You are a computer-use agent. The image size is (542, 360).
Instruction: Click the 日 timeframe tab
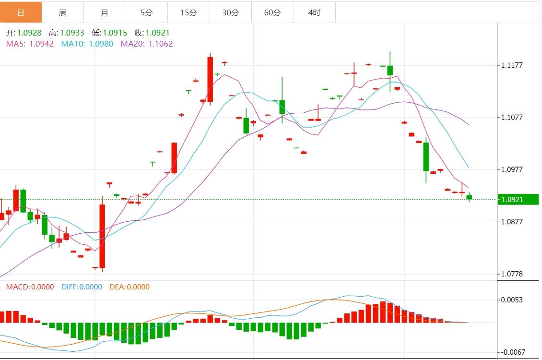click(x=21, y=12)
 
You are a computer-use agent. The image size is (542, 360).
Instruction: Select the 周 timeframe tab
click(x=63, y=12)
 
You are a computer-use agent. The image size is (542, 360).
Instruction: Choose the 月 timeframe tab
click(x=105, y=12)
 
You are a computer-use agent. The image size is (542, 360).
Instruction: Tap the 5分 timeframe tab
click(x=147, y=12)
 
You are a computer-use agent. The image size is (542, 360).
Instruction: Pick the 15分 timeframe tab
click(x=189, y=12)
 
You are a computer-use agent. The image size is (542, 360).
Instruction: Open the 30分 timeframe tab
click(x=230, y=12)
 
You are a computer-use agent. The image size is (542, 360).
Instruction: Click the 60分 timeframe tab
click(x=272, y=12)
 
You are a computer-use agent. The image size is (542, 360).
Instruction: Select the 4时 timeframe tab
click(x=314, y=12)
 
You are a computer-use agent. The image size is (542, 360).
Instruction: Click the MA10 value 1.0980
click(x=101, y=44)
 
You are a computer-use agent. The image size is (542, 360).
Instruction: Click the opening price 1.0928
click(x=29, y=33)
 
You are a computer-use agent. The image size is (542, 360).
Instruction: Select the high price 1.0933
click(x=71, y=33)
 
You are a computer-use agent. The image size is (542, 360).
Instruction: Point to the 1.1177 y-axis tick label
click(x=512, y=65)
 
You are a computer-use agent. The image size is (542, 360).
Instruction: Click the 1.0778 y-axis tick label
click(x=512, y=274)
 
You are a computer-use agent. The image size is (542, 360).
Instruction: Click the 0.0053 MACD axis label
click(x=512, y=300)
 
